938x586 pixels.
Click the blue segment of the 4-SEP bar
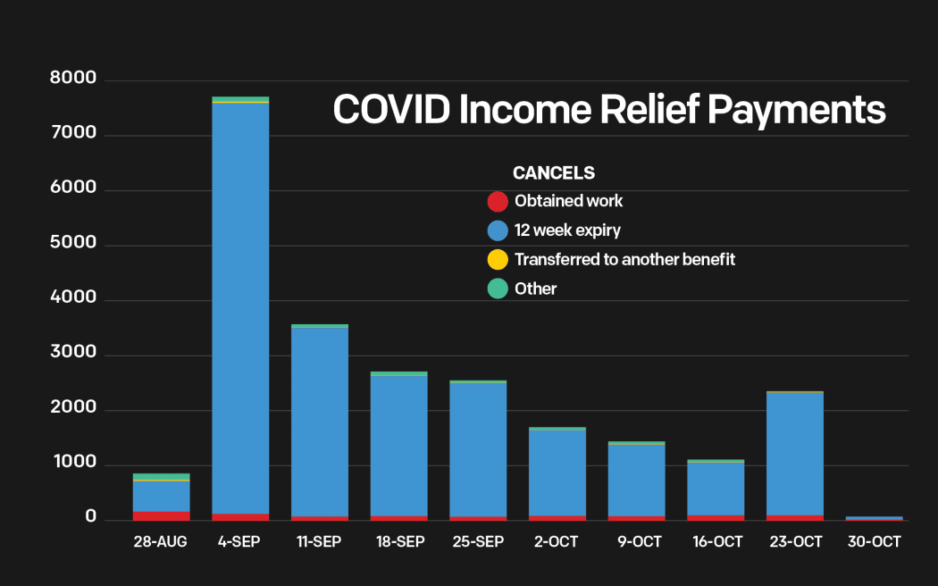240,308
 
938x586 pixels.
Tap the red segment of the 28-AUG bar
161,515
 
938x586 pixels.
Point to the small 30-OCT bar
874,518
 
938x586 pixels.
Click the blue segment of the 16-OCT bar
715,488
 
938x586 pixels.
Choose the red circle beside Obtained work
498,202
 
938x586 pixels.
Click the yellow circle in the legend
498,260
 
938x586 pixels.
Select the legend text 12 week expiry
567,230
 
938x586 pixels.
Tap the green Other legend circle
498,289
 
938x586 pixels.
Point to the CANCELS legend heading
553,173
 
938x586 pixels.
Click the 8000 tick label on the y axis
73,80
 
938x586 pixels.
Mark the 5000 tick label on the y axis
73,245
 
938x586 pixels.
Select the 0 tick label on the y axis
90,517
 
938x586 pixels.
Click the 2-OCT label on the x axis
557,542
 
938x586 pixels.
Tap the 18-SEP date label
398,542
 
